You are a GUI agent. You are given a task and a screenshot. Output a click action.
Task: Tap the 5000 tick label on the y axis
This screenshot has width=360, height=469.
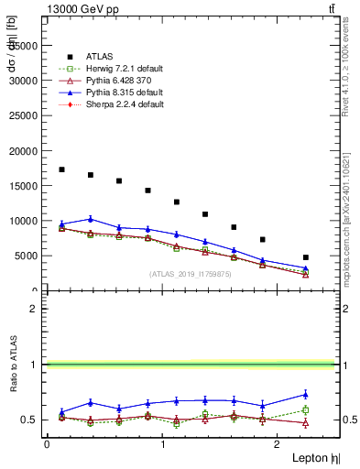click(x=28, y=256)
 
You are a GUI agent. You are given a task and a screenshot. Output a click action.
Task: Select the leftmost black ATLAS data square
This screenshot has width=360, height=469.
click(x=61, y=169)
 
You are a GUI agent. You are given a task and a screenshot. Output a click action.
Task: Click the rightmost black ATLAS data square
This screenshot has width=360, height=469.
click(x=306, y=257)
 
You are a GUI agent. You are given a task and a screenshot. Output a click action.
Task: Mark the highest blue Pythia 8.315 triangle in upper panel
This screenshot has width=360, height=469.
click(x=90, y=219)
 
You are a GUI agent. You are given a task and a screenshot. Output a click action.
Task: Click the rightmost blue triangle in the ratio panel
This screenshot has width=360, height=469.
click(x=306, y=394)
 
